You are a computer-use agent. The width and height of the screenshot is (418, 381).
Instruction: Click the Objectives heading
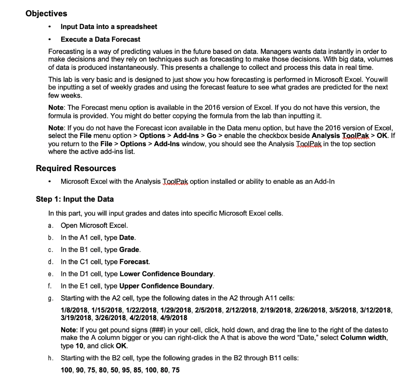46,13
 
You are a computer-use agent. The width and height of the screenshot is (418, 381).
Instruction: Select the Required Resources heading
76,168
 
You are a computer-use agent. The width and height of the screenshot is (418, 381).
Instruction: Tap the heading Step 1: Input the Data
75,199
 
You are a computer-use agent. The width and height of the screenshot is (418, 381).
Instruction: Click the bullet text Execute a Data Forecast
100,39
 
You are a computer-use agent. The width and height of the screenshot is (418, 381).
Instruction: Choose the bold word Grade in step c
130,250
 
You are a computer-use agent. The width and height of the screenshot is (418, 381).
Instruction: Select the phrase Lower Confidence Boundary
167,274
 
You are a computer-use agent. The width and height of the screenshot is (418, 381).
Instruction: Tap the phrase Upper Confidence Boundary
167,286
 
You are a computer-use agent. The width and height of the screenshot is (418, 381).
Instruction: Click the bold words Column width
360,338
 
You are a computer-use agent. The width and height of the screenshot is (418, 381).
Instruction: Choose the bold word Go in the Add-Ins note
212,135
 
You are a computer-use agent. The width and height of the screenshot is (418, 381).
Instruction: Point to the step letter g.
50,298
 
